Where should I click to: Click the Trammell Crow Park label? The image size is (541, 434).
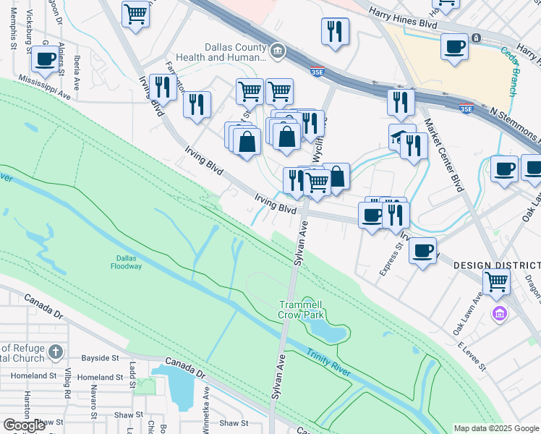[x=301, y=310]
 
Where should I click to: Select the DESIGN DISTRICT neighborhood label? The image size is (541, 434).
[x=497, y=265]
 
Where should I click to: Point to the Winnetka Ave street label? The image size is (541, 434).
[x=206, y=402]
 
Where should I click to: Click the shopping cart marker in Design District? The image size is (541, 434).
[x=496, y=281]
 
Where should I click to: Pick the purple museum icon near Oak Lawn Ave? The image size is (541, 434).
[x=498, y=313]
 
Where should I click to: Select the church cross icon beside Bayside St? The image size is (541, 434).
[x=56, y=352]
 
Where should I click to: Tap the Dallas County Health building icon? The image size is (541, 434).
[x=278, y=51]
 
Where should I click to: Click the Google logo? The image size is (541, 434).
[x=24, y=425]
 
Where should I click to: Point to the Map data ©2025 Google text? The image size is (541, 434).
[x=495, y=428]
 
